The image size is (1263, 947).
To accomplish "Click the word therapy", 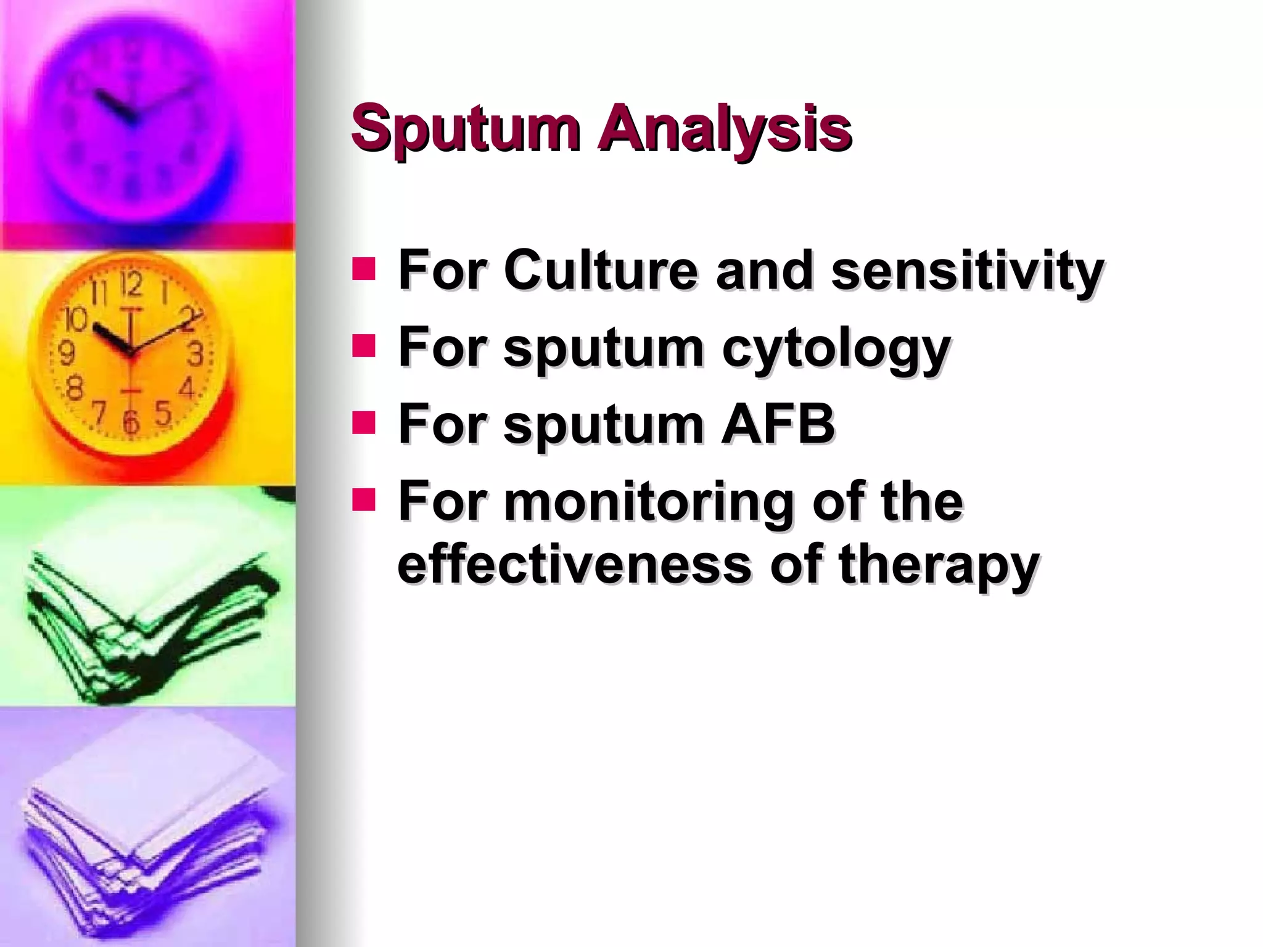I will tap(939, 564).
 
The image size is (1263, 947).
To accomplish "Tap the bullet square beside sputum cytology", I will tap(364, 346).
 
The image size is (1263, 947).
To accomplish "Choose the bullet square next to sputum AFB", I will tap(364, 423).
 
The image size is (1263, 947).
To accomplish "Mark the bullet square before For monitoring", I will tap(364, 500).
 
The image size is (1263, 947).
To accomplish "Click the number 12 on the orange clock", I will tap(131, 285).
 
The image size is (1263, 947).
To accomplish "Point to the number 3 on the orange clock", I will tap(195, 355).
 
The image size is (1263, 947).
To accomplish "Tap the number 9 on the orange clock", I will tap(66, 353).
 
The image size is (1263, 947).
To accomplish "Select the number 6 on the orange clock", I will tap(131, 423).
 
